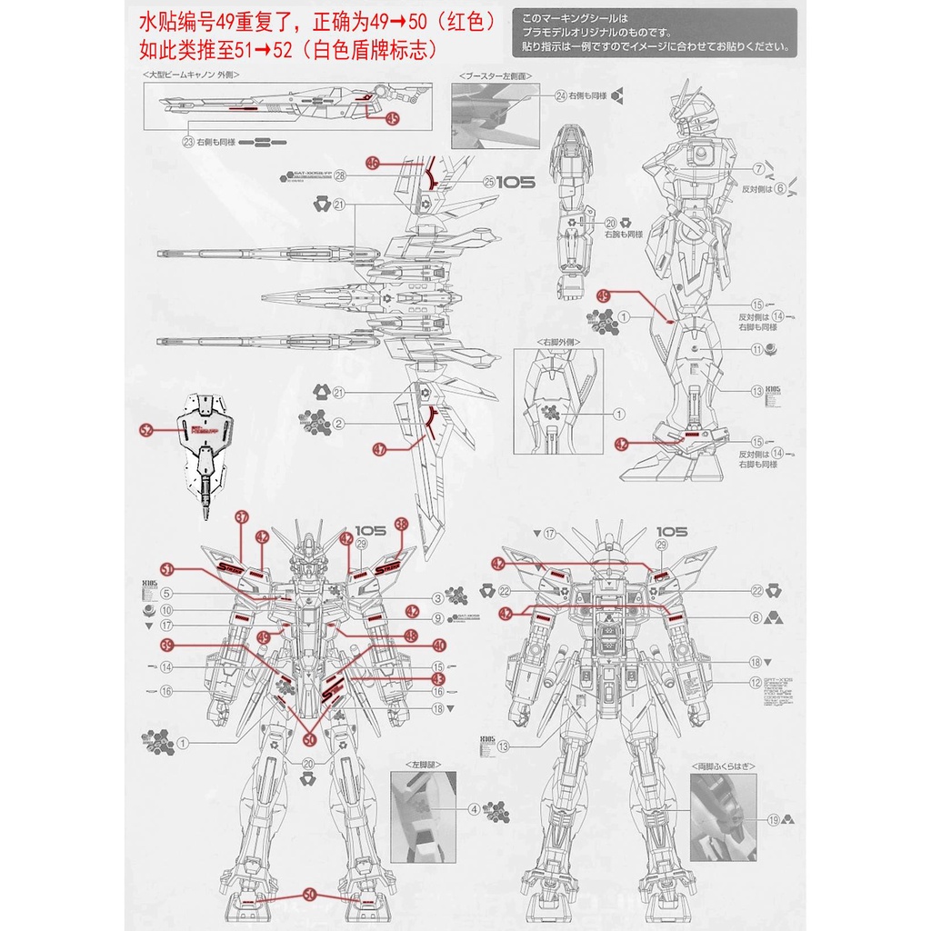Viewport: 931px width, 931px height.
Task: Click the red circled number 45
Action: click(392, 118)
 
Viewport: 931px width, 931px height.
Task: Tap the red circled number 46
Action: click(373, 164)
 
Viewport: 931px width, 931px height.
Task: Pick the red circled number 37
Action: click(242, 518)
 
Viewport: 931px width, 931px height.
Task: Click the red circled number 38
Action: click(402, 526)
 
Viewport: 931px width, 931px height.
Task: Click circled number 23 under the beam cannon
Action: click(188, 142)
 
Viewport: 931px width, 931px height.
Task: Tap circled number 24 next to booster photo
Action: click(561, 95)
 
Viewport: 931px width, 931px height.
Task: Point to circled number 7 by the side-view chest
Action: click(757, 169)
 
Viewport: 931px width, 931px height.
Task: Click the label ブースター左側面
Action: click(496, 77)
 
